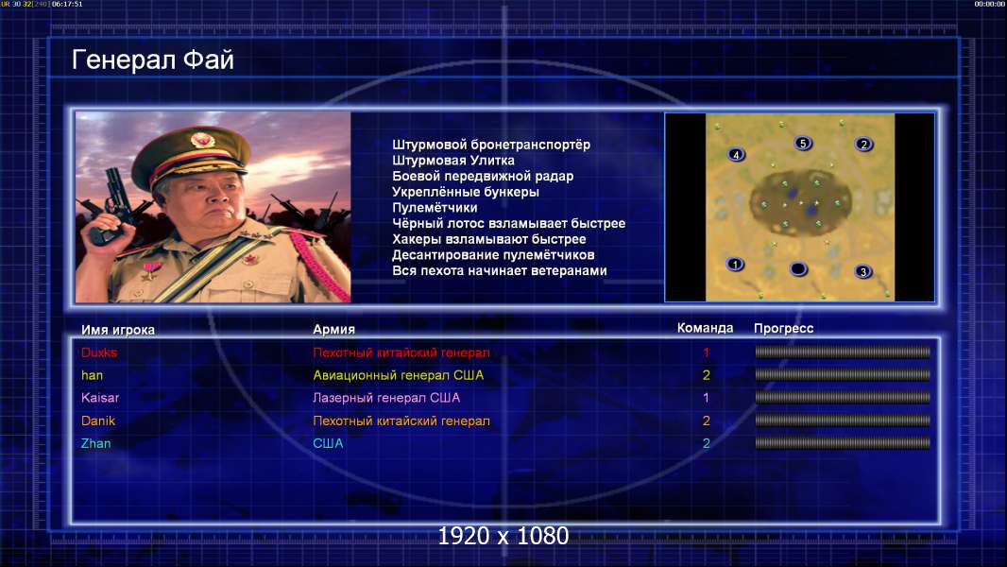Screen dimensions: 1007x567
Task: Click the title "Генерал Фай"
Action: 153,60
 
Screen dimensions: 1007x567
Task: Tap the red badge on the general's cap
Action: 201,139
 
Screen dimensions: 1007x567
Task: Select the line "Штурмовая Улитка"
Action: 453,161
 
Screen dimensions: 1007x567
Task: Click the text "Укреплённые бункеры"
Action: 466,192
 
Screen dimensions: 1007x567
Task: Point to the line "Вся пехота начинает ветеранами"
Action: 500,270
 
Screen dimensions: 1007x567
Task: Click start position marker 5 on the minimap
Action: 803,144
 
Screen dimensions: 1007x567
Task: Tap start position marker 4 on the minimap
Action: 736,154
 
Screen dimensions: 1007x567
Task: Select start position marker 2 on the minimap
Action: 863,145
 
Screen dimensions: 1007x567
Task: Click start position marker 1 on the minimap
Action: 735,264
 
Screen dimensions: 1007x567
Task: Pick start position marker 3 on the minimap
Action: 863,271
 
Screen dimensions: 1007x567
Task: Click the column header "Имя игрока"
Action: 118,330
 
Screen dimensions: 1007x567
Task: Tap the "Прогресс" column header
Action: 783,329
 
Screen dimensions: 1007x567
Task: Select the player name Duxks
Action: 99,352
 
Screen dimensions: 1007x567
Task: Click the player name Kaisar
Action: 100,398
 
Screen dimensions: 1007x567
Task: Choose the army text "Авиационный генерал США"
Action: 399,375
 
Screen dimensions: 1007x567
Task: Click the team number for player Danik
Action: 706,421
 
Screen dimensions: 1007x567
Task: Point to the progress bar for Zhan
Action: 843,443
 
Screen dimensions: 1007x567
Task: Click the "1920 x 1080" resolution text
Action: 503,536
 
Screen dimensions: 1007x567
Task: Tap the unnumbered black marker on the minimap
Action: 798,268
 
